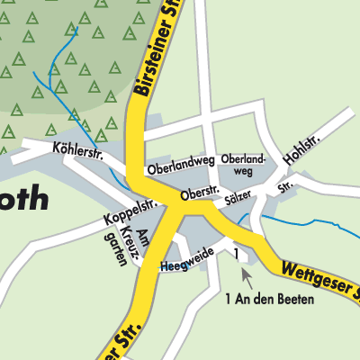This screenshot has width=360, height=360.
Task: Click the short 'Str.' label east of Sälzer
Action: pos(285,188)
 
